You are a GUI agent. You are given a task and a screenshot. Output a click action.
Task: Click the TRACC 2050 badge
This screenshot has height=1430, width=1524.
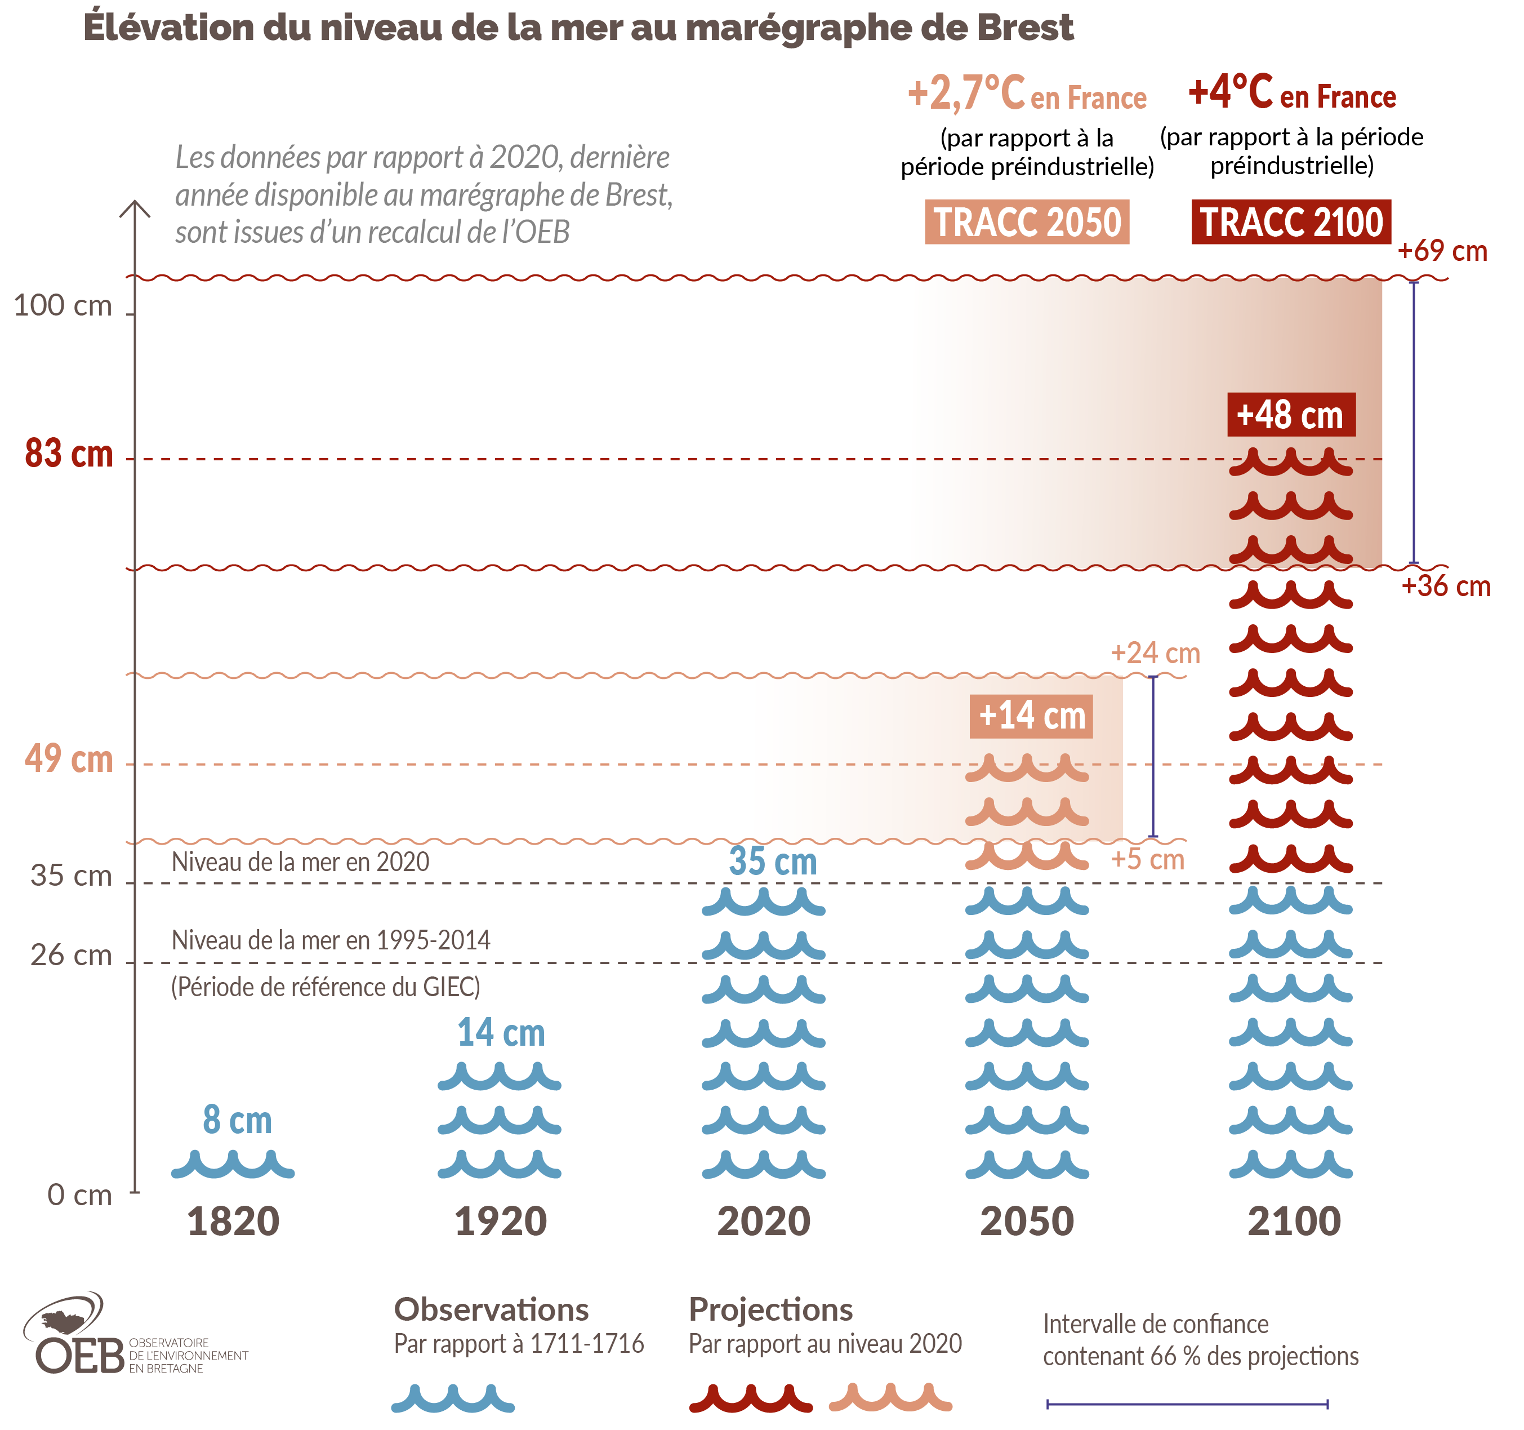[1027, 223]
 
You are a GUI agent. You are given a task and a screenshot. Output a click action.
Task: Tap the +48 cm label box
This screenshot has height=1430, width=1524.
[1291, 415]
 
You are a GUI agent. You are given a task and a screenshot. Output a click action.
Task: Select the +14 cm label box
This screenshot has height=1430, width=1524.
[1031, 716]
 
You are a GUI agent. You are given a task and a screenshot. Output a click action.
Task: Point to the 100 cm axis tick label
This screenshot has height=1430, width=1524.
[63, 306]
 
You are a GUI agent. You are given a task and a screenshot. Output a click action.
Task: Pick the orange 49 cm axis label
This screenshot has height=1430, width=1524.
[69, 759]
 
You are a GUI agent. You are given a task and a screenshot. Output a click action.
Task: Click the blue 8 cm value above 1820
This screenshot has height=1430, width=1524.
[237, 1120]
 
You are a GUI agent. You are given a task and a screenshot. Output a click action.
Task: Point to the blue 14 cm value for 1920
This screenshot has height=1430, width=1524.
[501, 1033]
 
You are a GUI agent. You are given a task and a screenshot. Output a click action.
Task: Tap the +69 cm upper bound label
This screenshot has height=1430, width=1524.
[1442, 251]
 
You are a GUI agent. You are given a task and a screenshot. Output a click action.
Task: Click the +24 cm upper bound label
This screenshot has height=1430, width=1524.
[1155, 653]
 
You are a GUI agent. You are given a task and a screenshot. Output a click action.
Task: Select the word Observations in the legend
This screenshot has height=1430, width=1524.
[492, 1309]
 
